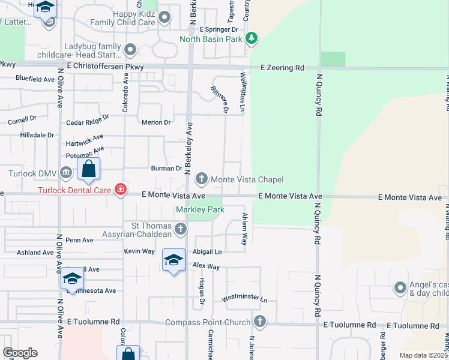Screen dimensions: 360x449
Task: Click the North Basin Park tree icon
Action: point(252,40)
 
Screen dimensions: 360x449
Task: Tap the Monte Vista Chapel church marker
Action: point(202,179)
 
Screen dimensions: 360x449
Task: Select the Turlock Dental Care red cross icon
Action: point(121,190)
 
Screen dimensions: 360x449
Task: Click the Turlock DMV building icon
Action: point(66,173)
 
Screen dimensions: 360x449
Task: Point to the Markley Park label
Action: point(200,210)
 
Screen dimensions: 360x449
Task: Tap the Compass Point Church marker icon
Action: point(260,322)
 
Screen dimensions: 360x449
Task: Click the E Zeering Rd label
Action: point(282,68)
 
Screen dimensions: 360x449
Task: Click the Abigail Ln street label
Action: point(207,252)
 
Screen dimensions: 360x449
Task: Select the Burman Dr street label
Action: point(166,169)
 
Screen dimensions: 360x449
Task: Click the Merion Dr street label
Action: point(156,122)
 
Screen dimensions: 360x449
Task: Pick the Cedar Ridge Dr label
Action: point(88,121)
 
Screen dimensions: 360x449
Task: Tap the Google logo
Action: point(20,353)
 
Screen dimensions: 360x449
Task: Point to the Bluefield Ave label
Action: point(35,79)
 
